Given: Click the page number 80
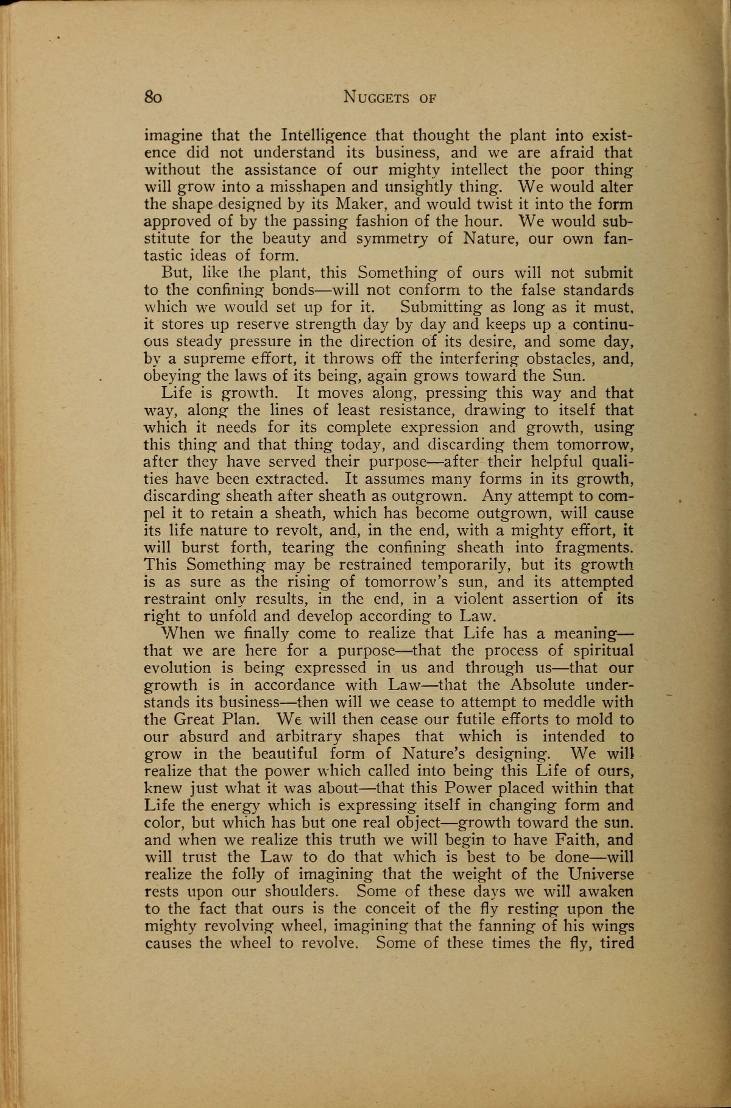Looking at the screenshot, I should click(153, 97).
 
